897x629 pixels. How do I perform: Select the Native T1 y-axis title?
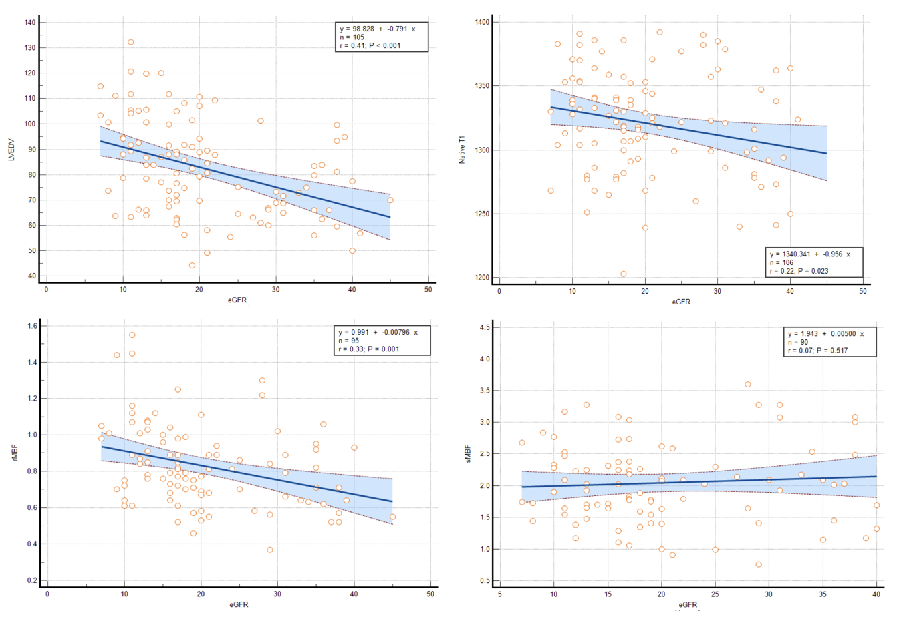coord(461,150)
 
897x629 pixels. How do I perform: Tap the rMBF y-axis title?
coord(13,455)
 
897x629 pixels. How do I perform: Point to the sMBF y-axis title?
coord(467,455)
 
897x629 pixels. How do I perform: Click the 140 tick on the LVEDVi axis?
coord(30,23)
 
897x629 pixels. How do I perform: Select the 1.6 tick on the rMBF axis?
coord(32,326)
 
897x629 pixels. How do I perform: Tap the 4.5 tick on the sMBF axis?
coord(485,327)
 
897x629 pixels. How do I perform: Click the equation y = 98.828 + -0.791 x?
coord(377,29)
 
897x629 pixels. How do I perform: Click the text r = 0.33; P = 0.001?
coord(370,349)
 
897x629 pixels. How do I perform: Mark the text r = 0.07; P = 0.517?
coord(817,351)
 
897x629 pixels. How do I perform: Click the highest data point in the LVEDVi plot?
coord(131,42)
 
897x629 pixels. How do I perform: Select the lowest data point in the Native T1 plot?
coord(624,274)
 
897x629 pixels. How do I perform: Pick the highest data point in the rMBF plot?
coord(132,335)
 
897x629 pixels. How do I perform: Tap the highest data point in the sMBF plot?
coord(748,385)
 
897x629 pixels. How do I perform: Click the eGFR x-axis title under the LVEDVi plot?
coord(237,300)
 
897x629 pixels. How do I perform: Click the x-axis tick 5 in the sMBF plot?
coord(500,594)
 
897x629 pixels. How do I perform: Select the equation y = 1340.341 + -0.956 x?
coord(810,254)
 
